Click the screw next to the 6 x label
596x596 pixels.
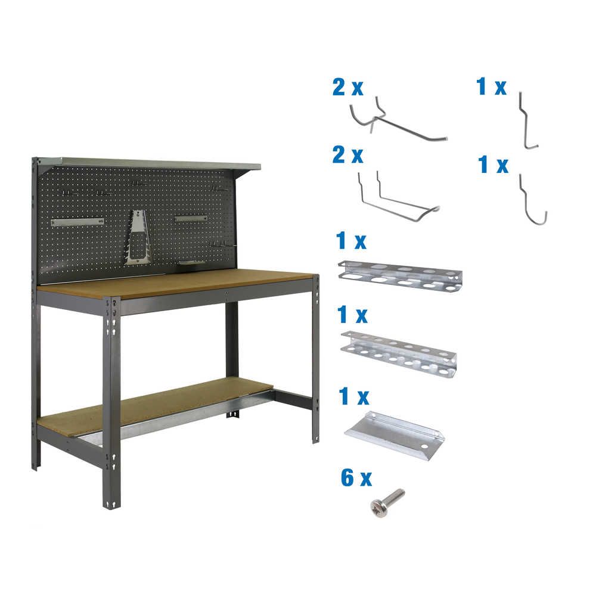point(387,502)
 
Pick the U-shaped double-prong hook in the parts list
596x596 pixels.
point(396,200)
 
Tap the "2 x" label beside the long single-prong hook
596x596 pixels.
point(348,88)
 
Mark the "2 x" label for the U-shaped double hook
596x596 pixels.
point(348,156)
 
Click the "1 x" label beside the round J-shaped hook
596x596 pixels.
point(493,165)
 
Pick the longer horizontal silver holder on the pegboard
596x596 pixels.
point(77,222)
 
